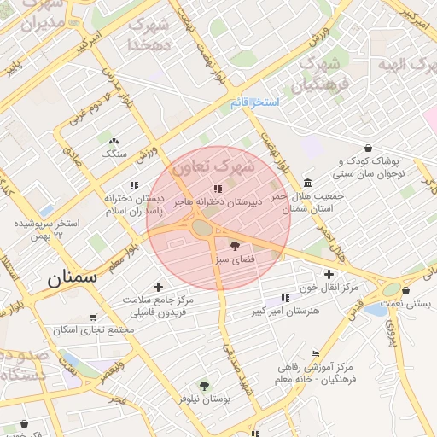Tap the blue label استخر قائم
click(254, 102)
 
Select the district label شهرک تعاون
click(213, 166)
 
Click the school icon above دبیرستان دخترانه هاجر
click(218, 189)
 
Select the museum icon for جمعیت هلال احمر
click(307, 184)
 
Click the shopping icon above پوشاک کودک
click(368, 148)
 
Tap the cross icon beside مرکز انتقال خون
click(353, 274)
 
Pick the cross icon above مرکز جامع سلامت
click(157, 287)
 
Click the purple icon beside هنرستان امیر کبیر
click(284, 298)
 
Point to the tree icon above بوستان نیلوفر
click(203, 386)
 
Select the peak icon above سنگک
click(114, 141)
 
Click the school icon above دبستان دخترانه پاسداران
click(134, 185)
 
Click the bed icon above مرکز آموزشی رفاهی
click(315, 353)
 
